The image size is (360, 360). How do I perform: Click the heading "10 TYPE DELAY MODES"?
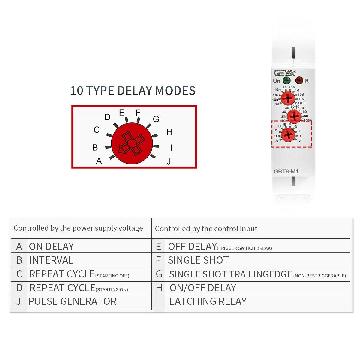(x=133, y=91)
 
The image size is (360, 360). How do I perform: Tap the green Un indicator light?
(x=286, y=80)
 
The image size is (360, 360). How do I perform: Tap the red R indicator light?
(x=299, y=80)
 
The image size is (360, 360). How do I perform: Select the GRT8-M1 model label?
(x=286, y=172)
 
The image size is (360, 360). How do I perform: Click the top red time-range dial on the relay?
(x=288, y=98)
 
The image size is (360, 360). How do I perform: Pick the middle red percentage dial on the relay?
(x=294, y=116)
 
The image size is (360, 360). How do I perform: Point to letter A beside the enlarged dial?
(x=99, y=161)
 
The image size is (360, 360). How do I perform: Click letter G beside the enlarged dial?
(x=156, y=119)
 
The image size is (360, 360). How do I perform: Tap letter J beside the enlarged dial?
(x=169, y=162)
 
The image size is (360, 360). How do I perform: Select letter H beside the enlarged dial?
(x=169, y=132)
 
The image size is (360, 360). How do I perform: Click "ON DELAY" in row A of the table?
(x=51, y=246)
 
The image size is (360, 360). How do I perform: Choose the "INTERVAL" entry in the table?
(x=51, y=260)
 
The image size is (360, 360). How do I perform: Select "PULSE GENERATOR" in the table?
(x=72, y=301)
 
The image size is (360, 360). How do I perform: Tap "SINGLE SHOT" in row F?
(x=198, y=260)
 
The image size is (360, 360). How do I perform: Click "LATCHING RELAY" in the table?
(x=208, y=301)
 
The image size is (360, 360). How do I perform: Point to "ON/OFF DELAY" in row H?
(x=203, y=288)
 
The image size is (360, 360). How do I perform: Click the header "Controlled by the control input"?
(x=206, y=229)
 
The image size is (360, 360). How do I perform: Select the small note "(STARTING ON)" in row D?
(x=112, y=290)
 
